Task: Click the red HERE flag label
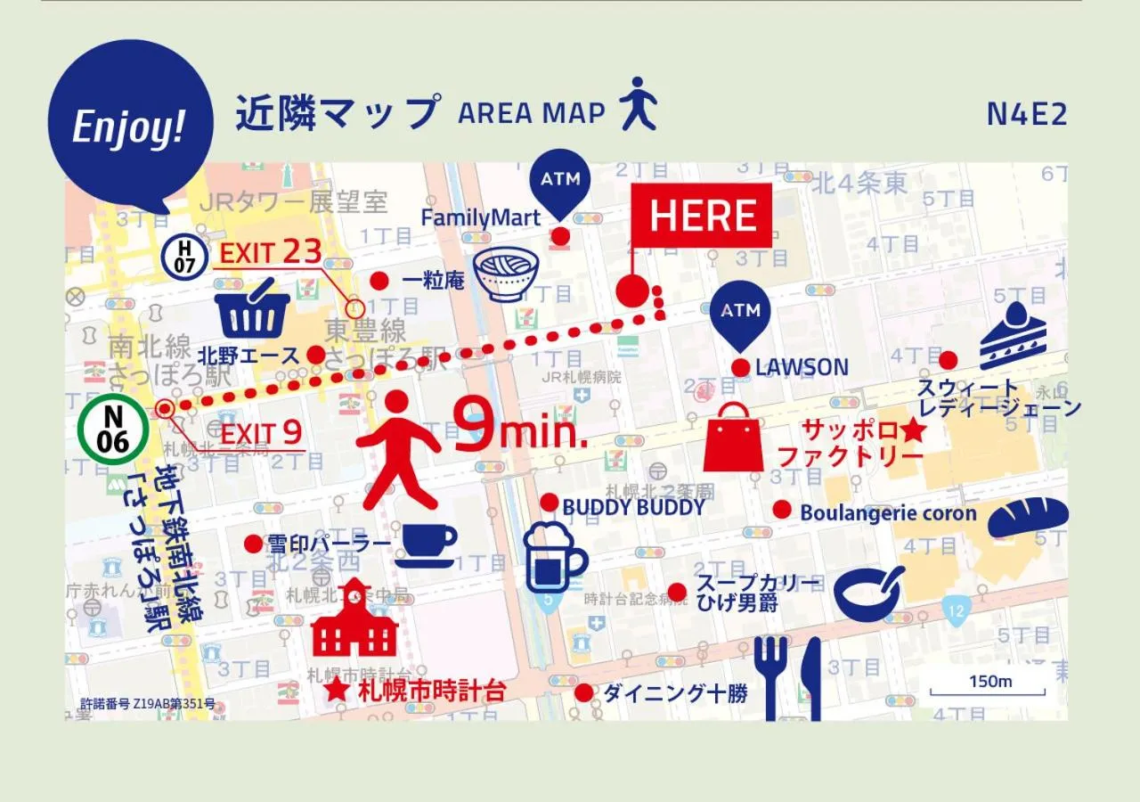click(702, 216)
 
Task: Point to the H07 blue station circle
click(185, 256)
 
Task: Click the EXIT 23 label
click(270, 252)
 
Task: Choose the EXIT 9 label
click(261, 434)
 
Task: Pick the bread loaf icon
click(1029, 518)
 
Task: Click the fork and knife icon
click(787, 677)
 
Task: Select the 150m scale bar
click(988, 685)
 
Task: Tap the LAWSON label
click(802, 367)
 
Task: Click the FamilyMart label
click(481, 217)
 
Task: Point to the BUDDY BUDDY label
click(633, 507)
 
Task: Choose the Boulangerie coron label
click(888, 513)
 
